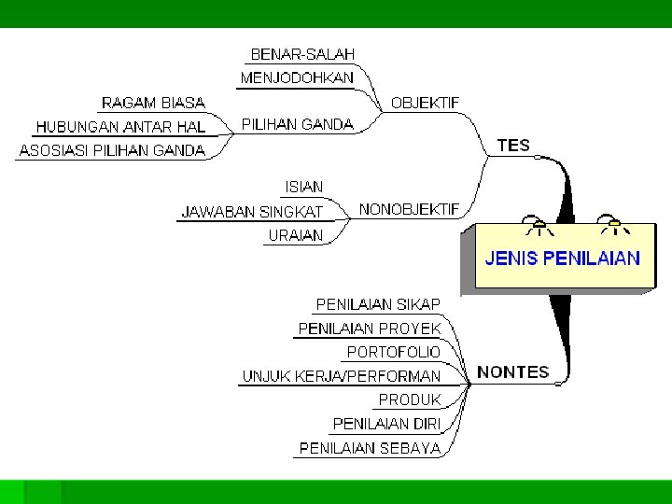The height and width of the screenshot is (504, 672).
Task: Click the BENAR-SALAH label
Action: coord(302,55)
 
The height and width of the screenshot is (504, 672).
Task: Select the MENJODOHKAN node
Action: coord(297,78)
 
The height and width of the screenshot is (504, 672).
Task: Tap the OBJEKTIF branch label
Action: coord(425,103)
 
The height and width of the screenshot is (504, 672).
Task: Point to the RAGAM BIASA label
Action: coord(153,103)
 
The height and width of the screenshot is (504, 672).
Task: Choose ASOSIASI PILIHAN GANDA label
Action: coord(112,150)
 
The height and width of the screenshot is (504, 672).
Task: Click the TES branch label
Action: coord(513,146)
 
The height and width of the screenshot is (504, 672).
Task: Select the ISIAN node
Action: coord(303,188)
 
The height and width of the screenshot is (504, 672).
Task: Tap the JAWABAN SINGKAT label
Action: coord(252,212)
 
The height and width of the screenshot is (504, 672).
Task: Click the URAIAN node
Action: coord(295,236)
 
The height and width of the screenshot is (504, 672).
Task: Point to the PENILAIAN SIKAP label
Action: coord(378,304)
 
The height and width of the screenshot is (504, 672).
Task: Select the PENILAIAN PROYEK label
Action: coord(369,329)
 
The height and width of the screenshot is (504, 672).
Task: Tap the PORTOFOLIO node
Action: coord(393,352)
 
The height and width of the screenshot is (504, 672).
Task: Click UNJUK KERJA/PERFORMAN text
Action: coord(342,376)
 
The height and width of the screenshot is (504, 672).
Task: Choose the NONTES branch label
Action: coord(512,371)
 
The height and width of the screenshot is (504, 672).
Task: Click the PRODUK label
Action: coord(409,399)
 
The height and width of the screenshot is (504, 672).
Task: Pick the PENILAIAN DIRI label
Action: coord(386,424)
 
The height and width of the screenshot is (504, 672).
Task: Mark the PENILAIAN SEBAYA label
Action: coord(370,448)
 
